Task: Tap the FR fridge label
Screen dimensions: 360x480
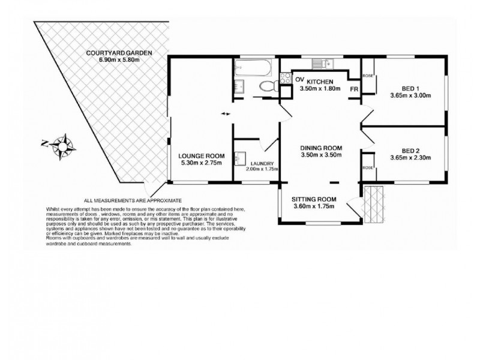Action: click(354, 89)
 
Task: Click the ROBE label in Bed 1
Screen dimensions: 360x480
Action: click(368, 76)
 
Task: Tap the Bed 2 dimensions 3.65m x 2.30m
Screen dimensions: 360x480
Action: click(411, 158)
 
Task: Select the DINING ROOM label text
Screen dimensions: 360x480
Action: click(321, 148)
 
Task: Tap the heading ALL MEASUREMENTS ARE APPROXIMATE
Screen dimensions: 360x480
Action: click(133, 200)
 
